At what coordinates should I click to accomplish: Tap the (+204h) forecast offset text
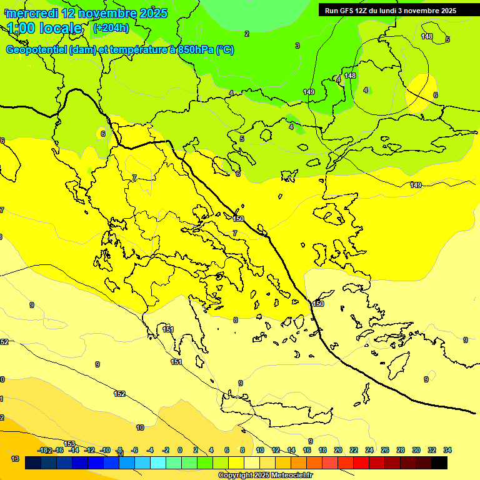[x=111, y=27]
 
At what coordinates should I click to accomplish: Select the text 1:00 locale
[x=44, y=28]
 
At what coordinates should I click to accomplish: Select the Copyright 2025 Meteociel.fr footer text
[x=265, y=475]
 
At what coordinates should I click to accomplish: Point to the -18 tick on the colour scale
[x=44, y=450]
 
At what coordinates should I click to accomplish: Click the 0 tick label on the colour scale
[x=180, y=450]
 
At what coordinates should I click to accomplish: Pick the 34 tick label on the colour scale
[x=447, y=450]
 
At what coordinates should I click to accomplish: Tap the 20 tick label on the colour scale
[x=338, y=450]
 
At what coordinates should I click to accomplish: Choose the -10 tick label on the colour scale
[x=105, y=450]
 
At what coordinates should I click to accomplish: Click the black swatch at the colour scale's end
[x=439, y=462]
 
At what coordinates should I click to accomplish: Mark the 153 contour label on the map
[x=69, y=444]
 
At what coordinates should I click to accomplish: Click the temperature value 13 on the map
[x=15, y=459]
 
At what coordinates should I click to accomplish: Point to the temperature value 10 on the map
[x=140, y=427]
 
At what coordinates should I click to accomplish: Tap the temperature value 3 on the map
[x=297, y=46]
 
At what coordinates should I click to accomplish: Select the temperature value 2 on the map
[x=246, y=34]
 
